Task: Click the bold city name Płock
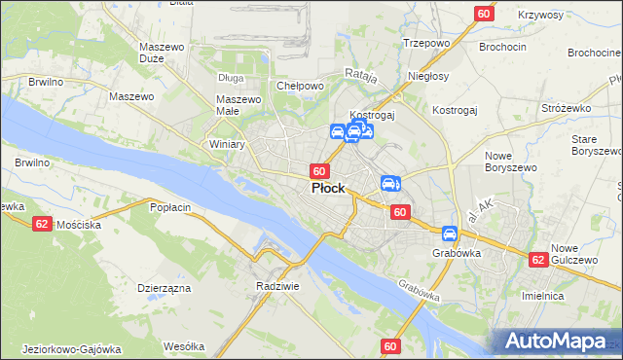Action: point(327,188)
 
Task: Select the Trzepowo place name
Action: point(424,44)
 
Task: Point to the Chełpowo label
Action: point(300,86)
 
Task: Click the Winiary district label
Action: point(227,144)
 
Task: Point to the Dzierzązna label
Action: point(163,288)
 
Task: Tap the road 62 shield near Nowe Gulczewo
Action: point(538,260)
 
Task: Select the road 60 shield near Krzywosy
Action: point(484,13)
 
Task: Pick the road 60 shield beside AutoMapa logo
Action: point(391,346)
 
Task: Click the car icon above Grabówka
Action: point(450,234)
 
